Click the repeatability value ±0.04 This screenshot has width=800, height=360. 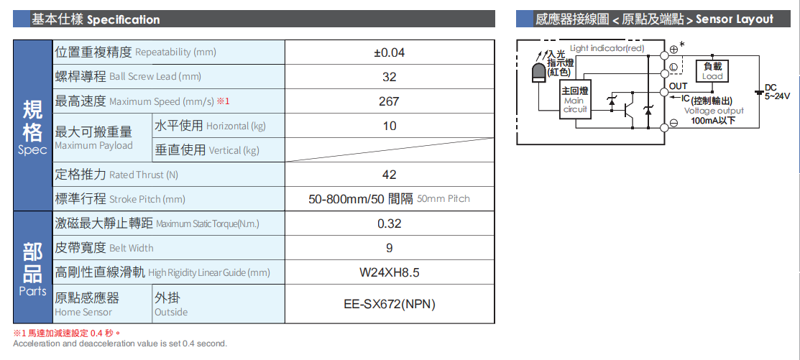[389, 52]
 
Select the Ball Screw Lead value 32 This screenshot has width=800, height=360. [389, 77]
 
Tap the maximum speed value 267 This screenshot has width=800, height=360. [389, 101]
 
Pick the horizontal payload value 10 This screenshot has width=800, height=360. [389, 126]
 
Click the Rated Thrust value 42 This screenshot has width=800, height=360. [389, 175]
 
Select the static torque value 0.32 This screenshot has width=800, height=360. [389, 223]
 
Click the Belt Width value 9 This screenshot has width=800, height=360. [389, 248]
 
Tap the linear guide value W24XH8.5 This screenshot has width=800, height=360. [389, 272]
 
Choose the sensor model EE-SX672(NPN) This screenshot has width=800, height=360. [389, 304]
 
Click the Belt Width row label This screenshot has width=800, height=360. [104, 248]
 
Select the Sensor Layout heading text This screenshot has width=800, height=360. [654, 19]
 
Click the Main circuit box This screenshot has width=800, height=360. [575, 101]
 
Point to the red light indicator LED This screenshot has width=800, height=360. [538, 74]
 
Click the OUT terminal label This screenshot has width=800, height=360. [678, 86]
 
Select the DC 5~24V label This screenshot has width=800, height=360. [776, 91]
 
